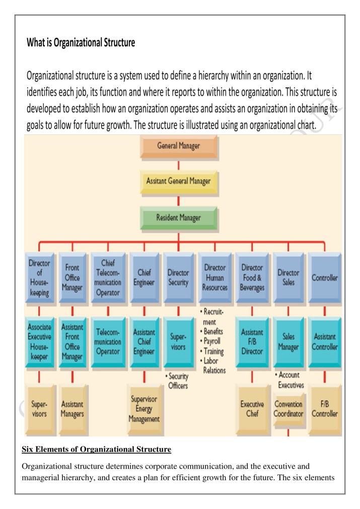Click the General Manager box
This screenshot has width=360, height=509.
pyautogui.click(x=179, y=147)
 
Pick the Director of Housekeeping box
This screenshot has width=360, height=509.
pyautogui.click(x=40, y=278)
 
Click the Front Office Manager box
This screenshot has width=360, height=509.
pyautogui.click(x=73, y=278)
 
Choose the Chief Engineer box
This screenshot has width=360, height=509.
pyautogui.click(x=145, y=278)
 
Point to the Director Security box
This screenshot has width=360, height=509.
pyautogui.click(x=179, y=278)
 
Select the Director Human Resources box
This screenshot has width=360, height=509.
pyautogui.click(x=215, y=278)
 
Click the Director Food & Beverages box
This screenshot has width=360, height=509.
pyautogui.click(x=252, y=278)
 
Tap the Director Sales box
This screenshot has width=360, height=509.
pyautogui.click(x=289, y=278)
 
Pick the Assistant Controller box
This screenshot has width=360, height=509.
pyautogui.click(x=325, y=343)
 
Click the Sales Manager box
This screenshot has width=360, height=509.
pyautogui.click(x=289, y=343)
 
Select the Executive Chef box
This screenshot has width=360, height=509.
pyautogui.click(x=253, y=410)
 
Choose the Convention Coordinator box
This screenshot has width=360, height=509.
pyautogui.click(x=289, y=410)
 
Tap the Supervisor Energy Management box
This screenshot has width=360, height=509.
pyautogui.click(x=145, y=410)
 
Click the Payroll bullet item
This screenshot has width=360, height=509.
pyautogui.click(x=210, y=341)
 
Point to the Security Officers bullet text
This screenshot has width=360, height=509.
pyautogui.click(x=177, y=381)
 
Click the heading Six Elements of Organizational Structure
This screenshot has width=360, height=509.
pyautogui.click(x=96, y=449)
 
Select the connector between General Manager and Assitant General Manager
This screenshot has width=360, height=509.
pyautogui.click(x=179, y=166)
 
